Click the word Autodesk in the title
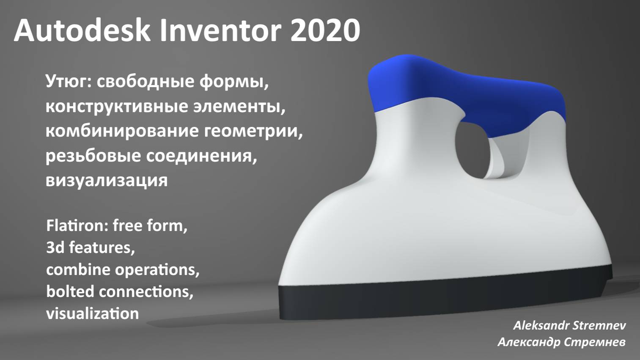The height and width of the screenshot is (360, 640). click(82, 30)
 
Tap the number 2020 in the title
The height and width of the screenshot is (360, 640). click(325, 30)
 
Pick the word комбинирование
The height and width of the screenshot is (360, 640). click(122, 131)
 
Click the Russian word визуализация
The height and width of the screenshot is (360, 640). click(107, 180)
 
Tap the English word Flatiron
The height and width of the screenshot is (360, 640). click(76, 225)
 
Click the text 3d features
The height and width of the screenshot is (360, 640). click(91, 247)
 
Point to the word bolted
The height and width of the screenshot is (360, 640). click(70, 291)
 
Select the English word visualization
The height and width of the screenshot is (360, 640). click(92, 313)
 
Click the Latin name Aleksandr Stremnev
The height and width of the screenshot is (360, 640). click(569, 325)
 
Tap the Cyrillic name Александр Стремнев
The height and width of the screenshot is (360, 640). click(562, 342)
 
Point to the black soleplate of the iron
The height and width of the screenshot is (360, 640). click(444, 302)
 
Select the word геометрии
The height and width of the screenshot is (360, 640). click(253, 131)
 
